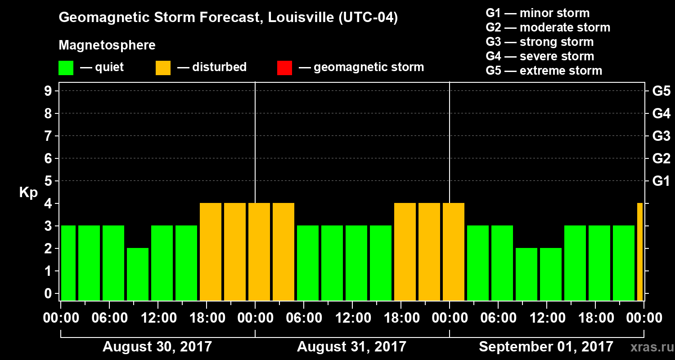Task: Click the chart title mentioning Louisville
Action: (x=228, y=18)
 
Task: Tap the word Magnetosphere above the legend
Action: (x=107, y=45)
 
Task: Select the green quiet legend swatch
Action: (x=66, y=68)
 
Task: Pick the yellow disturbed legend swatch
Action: (x=163, y=68)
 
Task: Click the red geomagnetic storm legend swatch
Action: (x=284, y=68)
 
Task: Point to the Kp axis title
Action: (x=28, y=193)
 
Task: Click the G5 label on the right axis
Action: (x=661, y=91)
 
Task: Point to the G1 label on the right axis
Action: (x=661, y=181)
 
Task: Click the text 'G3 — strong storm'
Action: (x=540, y=42)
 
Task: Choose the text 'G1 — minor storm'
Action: (x=537, y=13)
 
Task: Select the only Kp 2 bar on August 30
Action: (x=138, y=274)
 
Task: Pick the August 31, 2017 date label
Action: (x=351, y=347)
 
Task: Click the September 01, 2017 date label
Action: (x=546, y=347)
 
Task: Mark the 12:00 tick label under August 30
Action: (x=158, y=318)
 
